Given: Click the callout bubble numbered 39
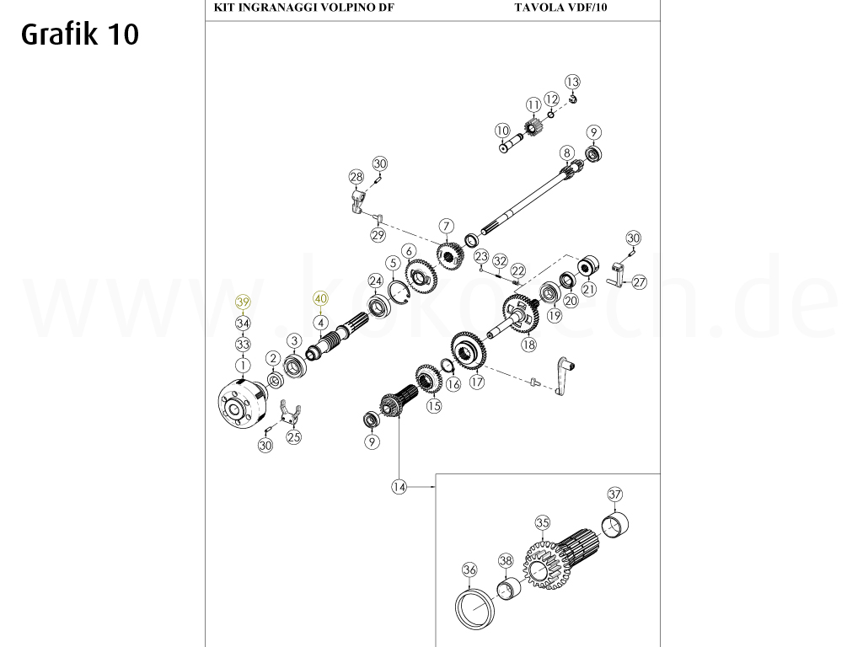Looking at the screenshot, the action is pos(243,302).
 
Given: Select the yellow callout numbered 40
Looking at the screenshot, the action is pos(320,299).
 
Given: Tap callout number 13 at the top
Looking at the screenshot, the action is pos(572,82).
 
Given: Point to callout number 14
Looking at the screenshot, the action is pos(399,486).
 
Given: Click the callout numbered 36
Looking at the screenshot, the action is pos(469,570).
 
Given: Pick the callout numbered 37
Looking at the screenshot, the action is pos(614,494).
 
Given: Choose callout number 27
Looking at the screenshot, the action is pos(639,282).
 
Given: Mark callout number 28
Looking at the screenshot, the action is pos(356,177).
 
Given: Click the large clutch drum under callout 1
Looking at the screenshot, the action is pos(242,403).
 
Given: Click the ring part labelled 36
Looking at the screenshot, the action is pos(474,610).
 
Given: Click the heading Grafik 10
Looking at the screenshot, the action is pos(80,34).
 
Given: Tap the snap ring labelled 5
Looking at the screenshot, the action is pos(400,291).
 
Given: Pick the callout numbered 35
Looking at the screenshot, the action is pos(543,522).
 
